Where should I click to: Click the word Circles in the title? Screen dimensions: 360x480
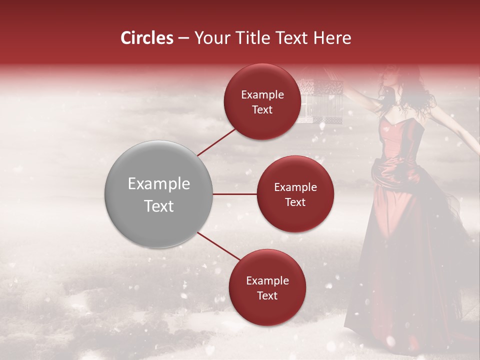147,38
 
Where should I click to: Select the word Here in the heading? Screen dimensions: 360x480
332,38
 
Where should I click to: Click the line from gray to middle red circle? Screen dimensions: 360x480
235,194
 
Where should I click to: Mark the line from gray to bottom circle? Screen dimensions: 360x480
218,246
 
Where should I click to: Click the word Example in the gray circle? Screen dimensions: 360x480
158,184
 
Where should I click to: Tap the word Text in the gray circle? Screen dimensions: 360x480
158,206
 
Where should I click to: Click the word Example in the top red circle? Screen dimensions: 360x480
262,95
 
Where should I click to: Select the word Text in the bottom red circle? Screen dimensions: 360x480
267,295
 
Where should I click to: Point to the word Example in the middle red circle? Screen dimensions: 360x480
295,187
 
